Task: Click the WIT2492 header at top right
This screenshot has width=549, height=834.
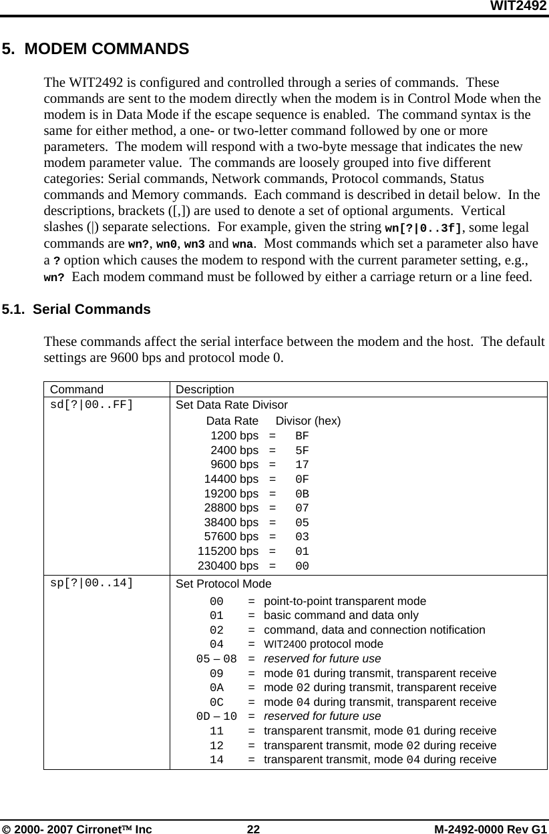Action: tap(519, 7)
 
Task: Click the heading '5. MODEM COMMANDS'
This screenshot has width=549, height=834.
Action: tap(95, 49)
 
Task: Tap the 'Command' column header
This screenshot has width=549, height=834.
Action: tap(77, 389)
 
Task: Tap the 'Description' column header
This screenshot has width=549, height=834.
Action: tap(205, 389)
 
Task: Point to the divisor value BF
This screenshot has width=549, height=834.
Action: tap(302, 436)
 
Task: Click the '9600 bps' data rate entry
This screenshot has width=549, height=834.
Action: tap(234, 465)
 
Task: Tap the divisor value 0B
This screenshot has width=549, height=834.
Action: tap(302, 494)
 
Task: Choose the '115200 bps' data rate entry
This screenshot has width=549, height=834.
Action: tap(228, 552)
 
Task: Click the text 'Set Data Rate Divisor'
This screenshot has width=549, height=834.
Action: tap(232, 405)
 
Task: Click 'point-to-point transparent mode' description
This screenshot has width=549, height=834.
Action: tap(345, 601)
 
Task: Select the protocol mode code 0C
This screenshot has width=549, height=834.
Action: tap(216, 702)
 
